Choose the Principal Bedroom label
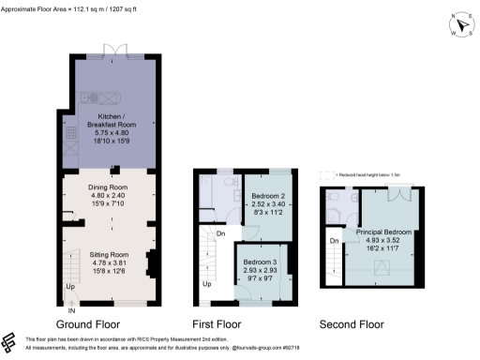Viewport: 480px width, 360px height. [x=385, y=231]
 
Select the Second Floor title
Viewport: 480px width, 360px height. [x=352, y=323]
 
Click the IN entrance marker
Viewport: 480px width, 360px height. [x=70, y=309]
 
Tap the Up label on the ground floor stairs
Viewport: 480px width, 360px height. [x=69, y=286]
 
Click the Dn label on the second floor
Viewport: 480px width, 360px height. [x=334, y=242]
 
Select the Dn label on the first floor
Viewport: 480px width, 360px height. [x=219, y=233]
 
